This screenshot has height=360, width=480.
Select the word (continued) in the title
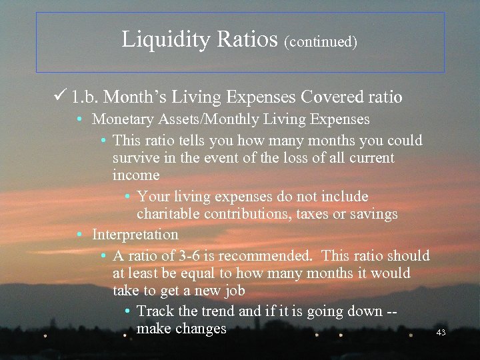[321, 42]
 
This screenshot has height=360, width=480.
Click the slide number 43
[441, 332]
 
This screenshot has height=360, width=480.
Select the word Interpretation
[135, 235]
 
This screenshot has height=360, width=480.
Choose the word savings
[373, 214]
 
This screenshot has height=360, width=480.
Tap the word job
[233, 291]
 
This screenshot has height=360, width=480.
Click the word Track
[155, 311]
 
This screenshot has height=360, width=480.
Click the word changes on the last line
[201, 329]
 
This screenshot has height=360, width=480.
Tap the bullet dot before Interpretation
[79, 235]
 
